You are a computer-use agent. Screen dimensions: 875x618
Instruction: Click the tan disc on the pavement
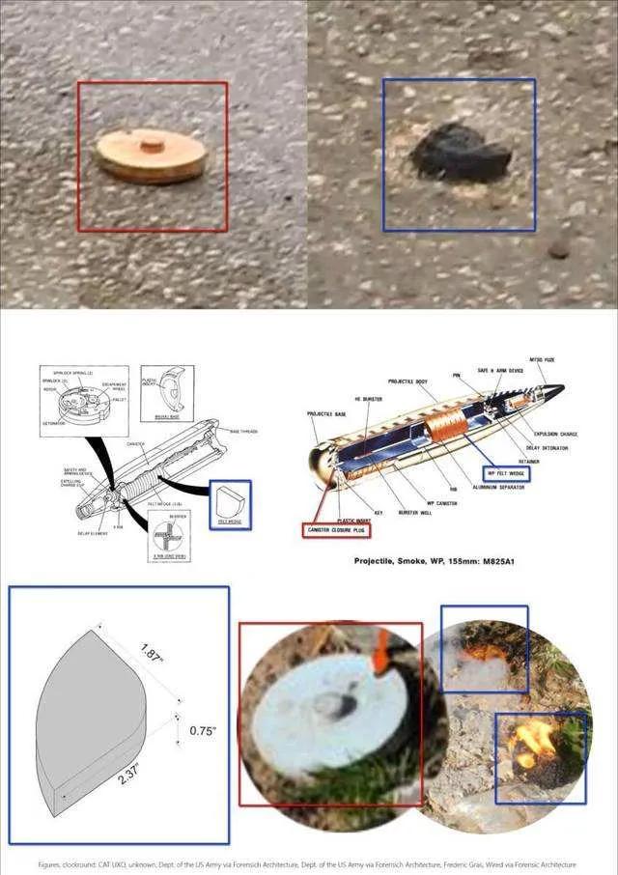(152, 155)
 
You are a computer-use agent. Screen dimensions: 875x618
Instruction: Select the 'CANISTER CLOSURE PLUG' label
(335, 529)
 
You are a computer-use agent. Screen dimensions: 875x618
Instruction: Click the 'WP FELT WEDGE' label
(506, 474)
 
